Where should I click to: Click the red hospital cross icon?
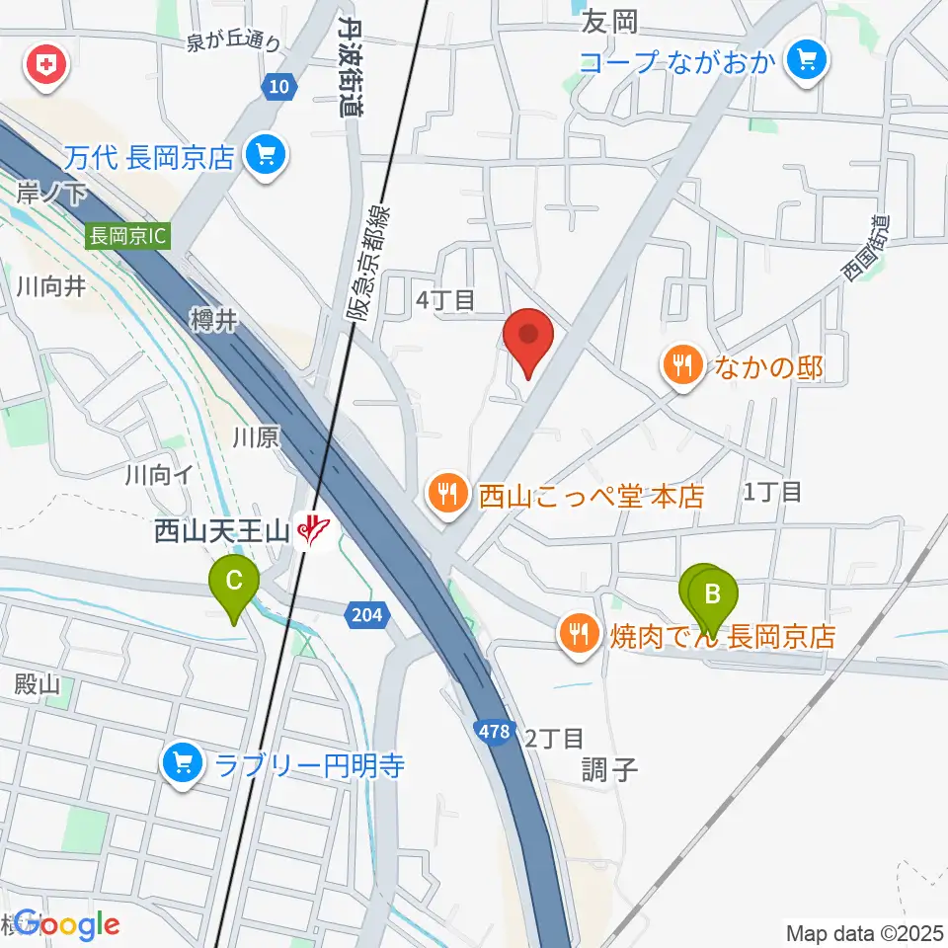coord(44,67)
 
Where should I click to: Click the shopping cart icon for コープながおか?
coord(807,62)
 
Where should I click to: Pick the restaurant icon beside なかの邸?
coord(681,367)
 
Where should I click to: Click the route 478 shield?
coord(498,732)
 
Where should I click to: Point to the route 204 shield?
coord(365,615)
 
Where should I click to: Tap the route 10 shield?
coord(280,89)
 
